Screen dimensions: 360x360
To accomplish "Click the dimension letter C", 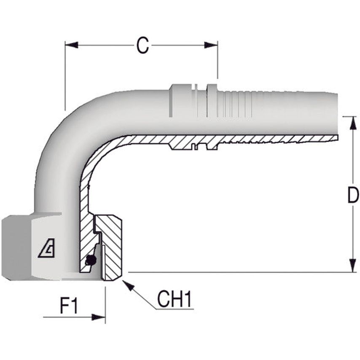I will [142, 46].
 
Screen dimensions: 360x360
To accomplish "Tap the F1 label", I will [69, 306].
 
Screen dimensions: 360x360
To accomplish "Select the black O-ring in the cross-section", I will [90, 261].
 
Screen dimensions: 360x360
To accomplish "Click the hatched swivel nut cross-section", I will [112, 249].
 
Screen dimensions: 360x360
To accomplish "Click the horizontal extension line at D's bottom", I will [236, 272].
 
